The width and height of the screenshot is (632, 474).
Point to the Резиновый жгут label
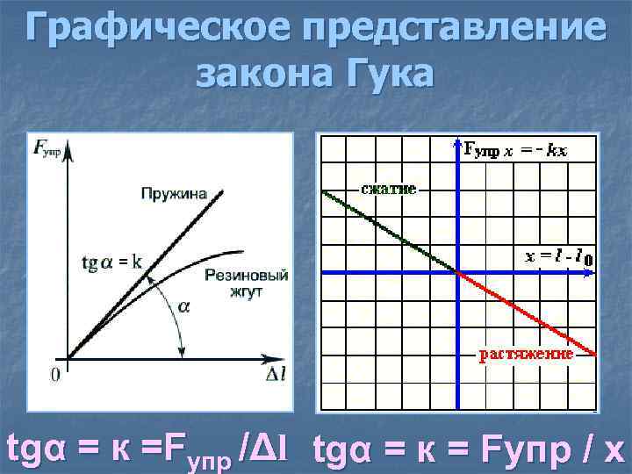(x=246, y=284)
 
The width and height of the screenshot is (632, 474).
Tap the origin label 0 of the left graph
(x=55, y=376)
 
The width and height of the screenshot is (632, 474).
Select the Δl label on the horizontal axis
(x=276, y=376)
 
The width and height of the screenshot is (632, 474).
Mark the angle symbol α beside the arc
(x=184, y=306)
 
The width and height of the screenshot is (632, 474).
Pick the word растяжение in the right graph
(x=526, y=354)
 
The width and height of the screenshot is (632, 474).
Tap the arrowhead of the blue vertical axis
(x=457, y=142)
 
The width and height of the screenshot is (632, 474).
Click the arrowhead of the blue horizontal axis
(x=589, y=273)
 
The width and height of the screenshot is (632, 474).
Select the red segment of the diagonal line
(x=527, y=313)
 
